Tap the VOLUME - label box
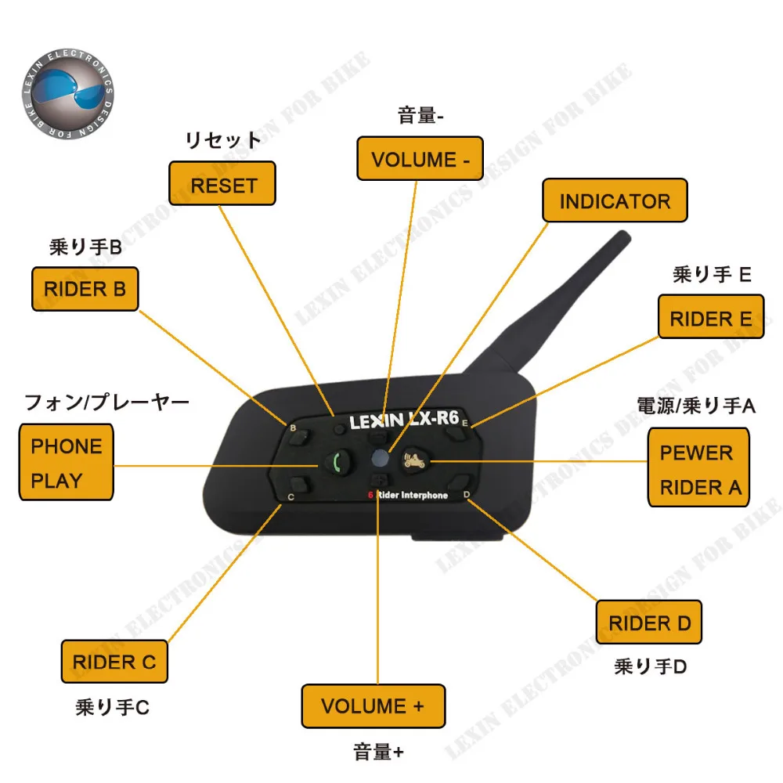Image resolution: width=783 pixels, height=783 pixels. [420, 159]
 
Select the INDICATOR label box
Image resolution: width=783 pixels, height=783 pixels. [615, 200]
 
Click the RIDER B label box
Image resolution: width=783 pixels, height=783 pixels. [85, 289]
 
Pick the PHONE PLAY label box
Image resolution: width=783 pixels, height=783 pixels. [67, 463]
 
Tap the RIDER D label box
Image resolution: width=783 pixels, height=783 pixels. [649, 623]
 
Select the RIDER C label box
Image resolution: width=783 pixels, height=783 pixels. [114, 662]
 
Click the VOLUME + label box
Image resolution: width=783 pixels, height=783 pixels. [373, 705]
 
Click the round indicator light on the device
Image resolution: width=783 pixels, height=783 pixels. [379, 459]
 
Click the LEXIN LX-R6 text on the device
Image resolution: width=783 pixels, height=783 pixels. [402, 420]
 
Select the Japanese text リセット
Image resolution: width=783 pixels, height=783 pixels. [222, 141]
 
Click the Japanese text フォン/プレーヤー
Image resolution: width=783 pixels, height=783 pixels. [107, 403]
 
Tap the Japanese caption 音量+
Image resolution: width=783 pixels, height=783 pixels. [378, 753]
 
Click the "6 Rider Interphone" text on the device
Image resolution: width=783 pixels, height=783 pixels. [408, 496]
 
